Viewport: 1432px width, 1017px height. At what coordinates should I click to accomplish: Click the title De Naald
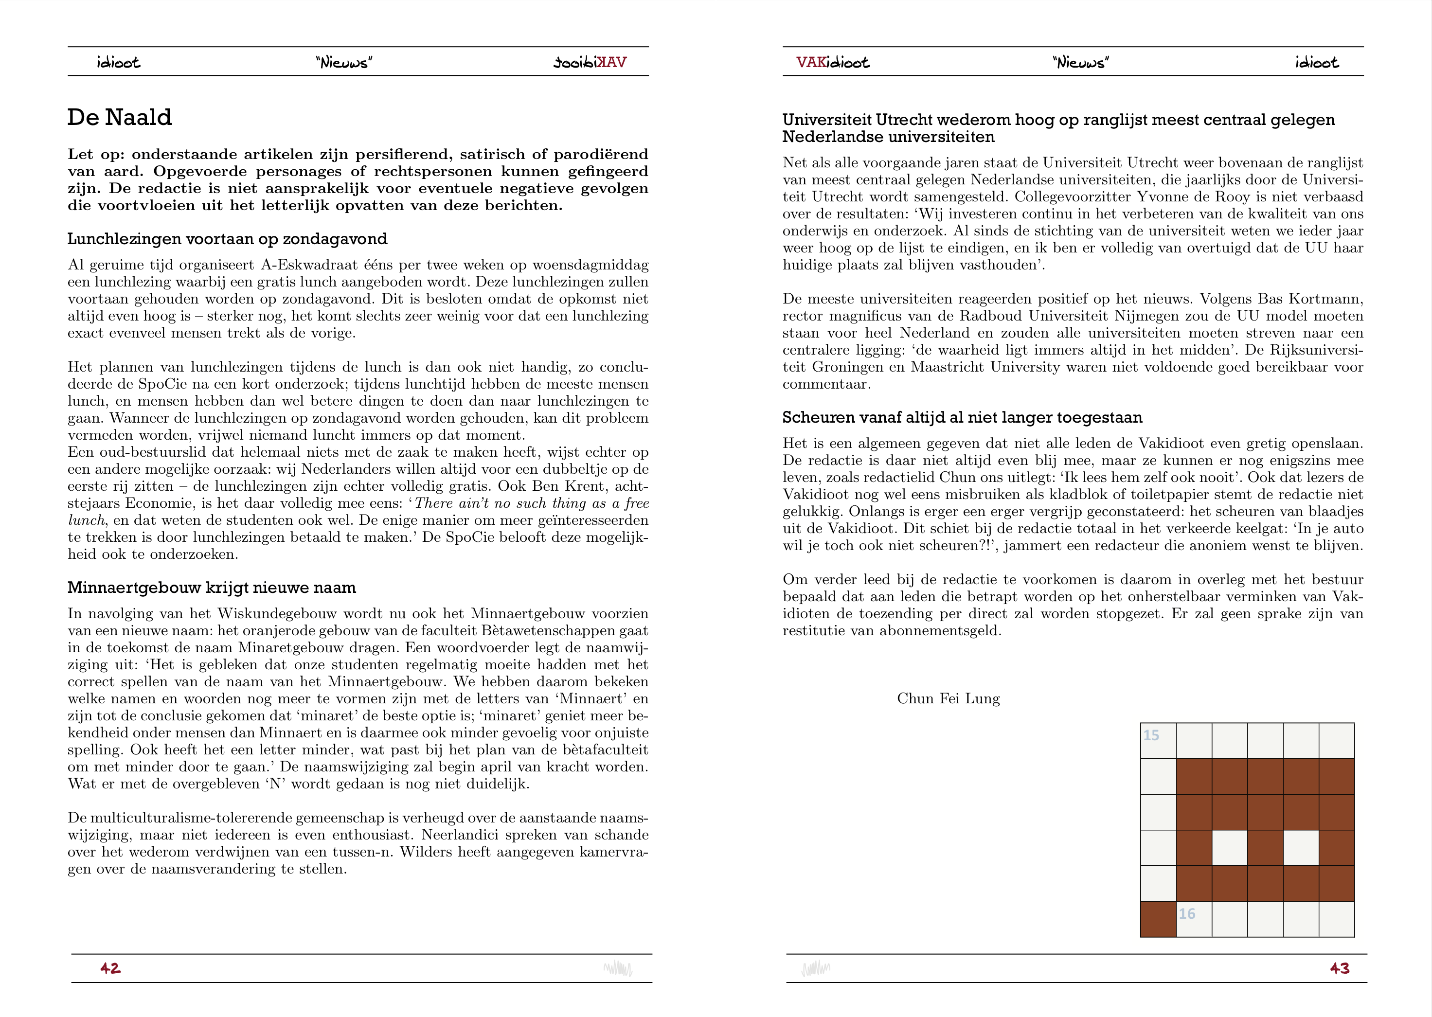119,118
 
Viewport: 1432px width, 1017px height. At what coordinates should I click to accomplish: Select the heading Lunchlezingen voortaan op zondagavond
227,239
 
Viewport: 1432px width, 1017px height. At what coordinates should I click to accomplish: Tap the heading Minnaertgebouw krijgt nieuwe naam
212,588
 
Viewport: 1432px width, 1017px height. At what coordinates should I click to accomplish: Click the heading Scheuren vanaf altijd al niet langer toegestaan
962,418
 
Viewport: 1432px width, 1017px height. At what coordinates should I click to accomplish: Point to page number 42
110,968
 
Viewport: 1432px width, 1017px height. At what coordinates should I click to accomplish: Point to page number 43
1339,968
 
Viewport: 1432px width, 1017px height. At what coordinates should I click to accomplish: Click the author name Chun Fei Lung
948,699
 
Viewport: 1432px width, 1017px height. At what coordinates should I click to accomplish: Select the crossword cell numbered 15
1158,741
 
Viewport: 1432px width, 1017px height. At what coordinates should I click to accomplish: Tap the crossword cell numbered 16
1194,919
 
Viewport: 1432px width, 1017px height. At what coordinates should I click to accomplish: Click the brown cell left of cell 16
1158,919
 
